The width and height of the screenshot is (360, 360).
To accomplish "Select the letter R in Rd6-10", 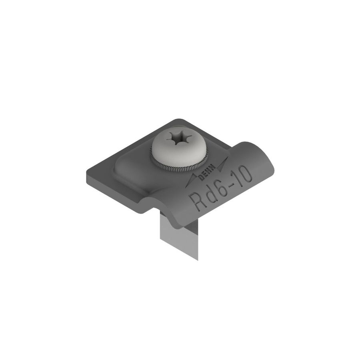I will tap(196, 200).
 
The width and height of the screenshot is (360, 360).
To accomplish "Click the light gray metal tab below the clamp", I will tap(180, 236).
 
